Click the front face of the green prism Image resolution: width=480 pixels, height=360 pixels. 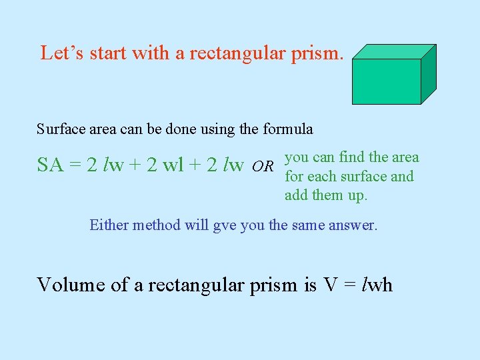386,81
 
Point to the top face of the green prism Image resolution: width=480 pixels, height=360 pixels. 394,51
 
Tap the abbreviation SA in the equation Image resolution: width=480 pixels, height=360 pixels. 51,165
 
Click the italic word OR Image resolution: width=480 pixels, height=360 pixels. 263,165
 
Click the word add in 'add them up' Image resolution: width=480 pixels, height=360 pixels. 296,195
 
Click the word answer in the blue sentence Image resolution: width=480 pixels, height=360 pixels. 353,225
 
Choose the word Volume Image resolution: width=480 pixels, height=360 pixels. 71,285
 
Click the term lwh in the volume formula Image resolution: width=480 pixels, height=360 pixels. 377,285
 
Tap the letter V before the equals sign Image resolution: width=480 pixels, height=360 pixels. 331,285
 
